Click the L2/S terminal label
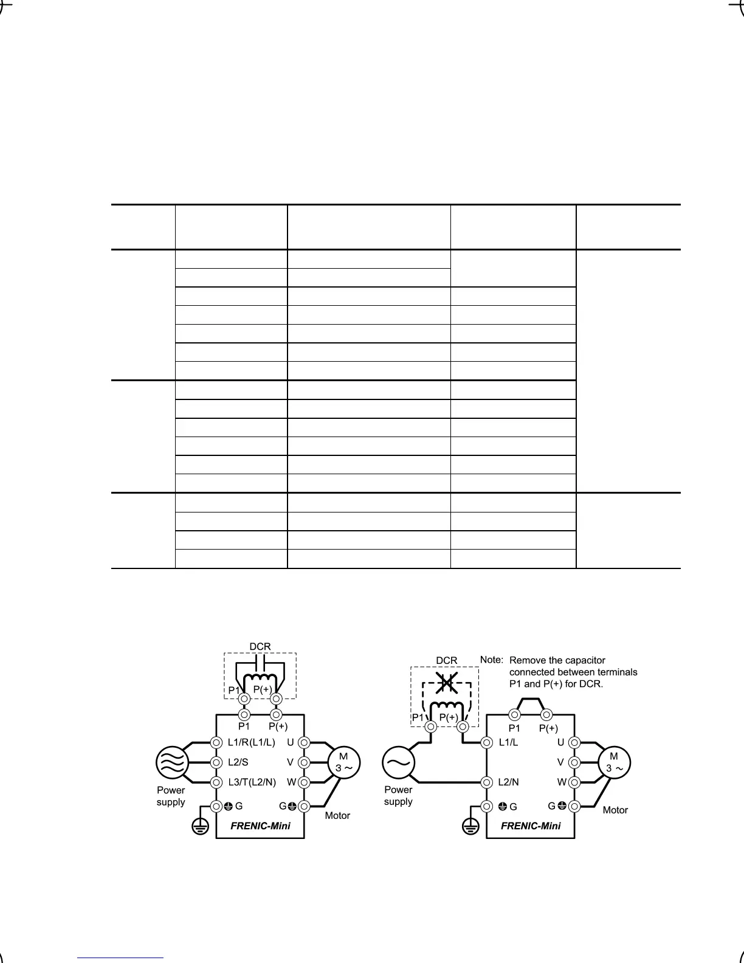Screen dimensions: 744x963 point(238,762)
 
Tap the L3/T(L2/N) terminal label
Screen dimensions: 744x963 point(252,782)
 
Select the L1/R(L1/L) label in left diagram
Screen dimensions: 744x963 point(251,742)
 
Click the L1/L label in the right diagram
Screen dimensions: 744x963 point(508,742)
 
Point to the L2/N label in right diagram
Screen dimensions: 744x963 point(508,782)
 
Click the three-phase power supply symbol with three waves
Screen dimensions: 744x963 point(172,762)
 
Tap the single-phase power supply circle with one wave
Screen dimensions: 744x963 point(398,762)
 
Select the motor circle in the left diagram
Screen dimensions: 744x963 point(344,762)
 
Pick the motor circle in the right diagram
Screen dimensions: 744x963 point(615,762)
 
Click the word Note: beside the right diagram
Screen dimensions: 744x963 point(492,660)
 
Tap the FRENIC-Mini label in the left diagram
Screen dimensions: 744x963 point(260,826)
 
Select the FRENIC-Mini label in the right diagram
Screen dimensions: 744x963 point(531,826)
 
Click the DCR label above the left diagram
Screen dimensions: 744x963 point(260,646)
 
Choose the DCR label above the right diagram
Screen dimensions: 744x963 point(446,660)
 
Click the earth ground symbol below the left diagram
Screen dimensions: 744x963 point(200,827)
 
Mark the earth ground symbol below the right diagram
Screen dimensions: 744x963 point(470,827)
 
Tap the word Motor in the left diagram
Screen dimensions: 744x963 point(337,815)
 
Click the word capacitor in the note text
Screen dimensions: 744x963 point(584,660)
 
